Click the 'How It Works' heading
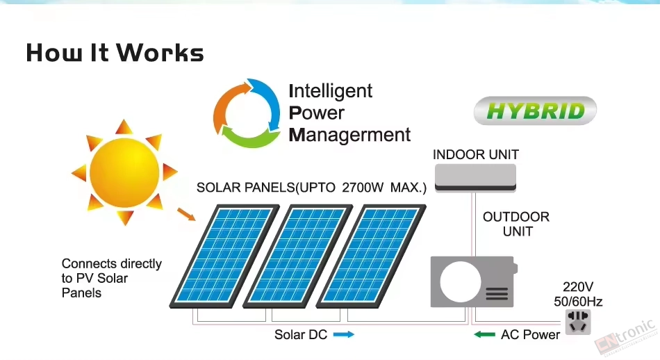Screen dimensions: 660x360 click(115, 53)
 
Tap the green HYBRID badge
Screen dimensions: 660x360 click(535, 111)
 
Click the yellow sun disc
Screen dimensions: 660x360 click(124, 172)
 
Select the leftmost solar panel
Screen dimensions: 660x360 click(224, 256)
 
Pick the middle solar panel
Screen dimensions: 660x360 click(298, 256)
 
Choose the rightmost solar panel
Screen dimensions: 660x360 click(371, 256)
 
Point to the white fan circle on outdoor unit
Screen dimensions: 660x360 click(460, 281)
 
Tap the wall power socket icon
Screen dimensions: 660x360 click(578, 322)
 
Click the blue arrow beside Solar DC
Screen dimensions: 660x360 click(344, 335)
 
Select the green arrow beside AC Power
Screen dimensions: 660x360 click(484, 335)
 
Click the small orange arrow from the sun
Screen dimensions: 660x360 click(186, 214)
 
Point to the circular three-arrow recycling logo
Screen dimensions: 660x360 click(247, 113)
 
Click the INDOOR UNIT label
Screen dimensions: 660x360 click(476, 154)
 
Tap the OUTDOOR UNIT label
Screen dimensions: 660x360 click(516, 224)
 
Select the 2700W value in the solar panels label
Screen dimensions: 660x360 click(363, 188)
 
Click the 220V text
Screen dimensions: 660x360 click(578, 287)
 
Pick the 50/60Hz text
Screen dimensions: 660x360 click(578, 302)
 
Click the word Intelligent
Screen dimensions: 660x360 click(331, 91)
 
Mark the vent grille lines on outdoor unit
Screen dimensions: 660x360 click(497, 294)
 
